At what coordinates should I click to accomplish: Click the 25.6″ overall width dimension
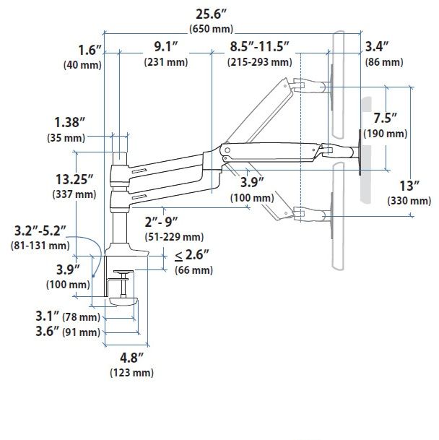pos(211,14)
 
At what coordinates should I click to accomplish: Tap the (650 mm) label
pos(212,29)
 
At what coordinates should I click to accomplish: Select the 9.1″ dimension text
pos(166,46)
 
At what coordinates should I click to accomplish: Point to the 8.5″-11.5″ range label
pos(259,46)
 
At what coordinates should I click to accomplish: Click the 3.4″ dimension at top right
pos(377,46)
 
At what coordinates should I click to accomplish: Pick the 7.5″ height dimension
pos(386,118)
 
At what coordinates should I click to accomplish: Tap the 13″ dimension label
pos(409,186)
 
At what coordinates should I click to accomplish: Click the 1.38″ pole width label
pos(69,123)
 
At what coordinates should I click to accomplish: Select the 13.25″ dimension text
pos(74,180)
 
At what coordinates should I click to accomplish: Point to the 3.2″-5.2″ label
pos(40,231)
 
